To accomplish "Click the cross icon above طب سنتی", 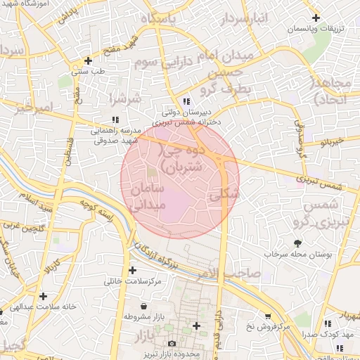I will tap(87, 60).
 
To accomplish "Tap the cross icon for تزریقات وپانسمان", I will tap(316, 18).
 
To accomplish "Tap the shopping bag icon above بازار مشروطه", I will tap(144, 307).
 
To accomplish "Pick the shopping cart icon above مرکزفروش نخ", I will tap(268, 316).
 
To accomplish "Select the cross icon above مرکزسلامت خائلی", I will tap(133, 271).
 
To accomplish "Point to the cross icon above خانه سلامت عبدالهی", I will tap(44, 296).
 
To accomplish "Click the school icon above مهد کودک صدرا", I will tap(328, 323).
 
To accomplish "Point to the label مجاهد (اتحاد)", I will tap(331, 91).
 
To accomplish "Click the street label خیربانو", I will tap(330, 142).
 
